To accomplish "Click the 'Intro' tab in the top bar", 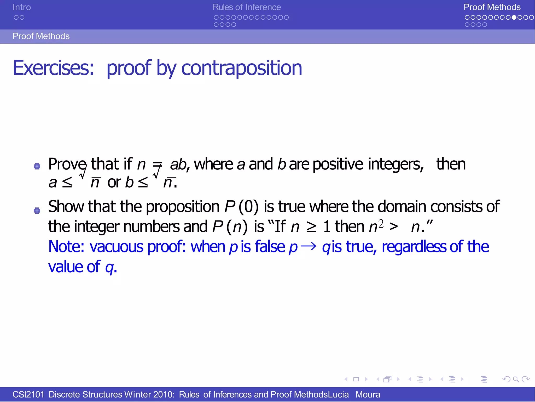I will click(x=22, y=7).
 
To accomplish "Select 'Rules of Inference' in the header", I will click(x=247, y=7).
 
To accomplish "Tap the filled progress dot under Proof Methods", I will click(x=514, y=18).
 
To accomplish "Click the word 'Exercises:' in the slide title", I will click(x=53, y=68).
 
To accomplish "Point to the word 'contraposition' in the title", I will click(x=241, y=68).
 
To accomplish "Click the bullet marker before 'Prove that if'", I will click(x=37, y=166).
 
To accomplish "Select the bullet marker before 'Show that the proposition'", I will click(x=37, y=210).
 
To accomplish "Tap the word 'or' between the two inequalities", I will click(x=114, y=182).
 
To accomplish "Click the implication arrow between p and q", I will click(x=309, y=247).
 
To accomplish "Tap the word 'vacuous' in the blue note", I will click(x=117, y=247).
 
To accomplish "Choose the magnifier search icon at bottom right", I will click(x=516, y=379).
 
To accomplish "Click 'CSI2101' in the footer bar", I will click(x=28, y=394).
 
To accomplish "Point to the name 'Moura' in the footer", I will click(x=368, y=394).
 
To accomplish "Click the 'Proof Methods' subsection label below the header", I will click(x=41, y=36).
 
